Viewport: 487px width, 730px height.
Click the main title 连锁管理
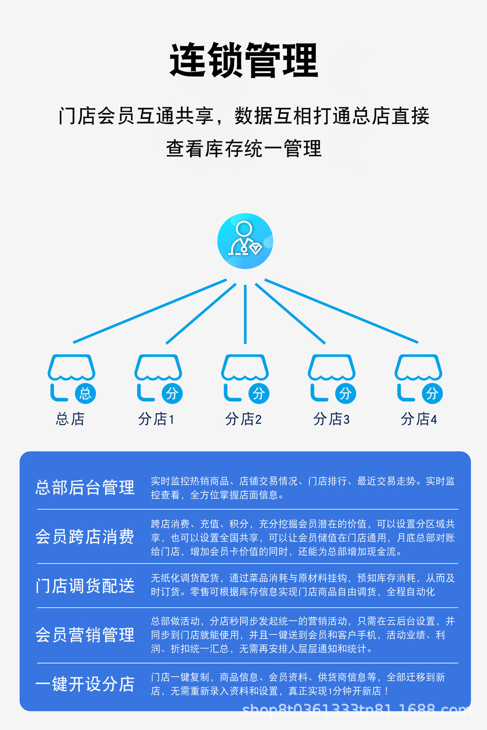coord(244,60)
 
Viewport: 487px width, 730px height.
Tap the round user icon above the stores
coord(245,241)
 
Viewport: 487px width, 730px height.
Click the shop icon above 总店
coord(71,377)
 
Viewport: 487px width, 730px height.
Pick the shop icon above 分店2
coord(245,377)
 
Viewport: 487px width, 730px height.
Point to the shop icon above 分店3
coord(332,377)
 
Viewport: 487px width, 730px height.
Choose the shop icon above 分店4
coord(418,377)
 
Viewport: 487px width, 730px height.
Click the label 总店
coord(70,419)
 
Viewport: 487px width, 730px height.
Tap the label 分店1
coord(156,419)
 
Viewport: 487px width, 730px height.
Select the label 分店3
coord(331,419)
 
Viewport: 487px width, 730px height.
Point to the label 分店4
coord(419,419)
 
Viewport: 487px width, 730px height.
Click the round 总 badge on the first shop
coord(85,393)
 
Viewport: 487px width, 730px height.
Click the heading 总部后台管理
coord(85,487)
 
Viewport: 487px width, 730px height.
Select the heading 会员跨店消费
coord(85,537)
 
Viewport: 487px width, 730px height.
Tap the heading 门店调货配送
coord(85,586)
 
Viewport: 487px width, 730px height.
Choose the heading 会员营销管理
coord(85,635)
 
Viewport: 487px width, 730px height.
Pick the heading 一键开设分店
coord(85,684)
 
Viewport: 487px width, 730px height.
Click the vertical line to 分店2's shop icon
coord(245,314)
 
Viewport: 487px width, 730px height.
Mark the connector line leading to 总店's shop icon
coord(150,311)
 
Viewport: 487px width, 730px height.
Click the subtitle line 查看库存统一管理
coord(244,148)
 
